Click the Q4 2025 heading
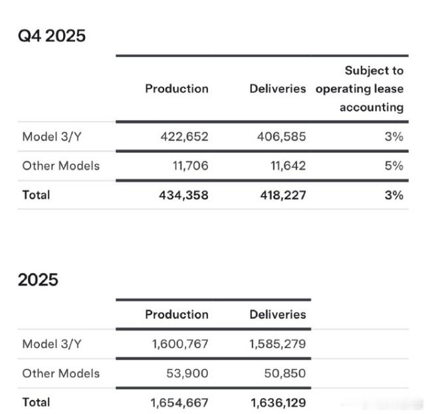click(x=52, y=35)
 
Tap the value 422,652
click(x=184, y=136)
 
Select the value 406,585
click(x=281, y=136)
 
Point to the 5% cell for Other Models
click(x=393, y=165)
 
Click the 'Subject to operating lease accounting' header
click(x=360, y=88)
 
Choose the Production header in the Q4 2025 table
click(x=177, y=88)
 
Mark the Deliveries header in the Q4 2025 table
click(x=278, y=88)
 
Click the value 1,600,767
click(x=179, y=344)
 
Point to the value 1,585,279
click(x=278, y=344)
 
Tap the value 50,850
click(x=285, y=373)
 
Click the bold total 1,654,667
click(x=179, y=402)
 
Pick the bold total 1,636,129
click(x=278, y=402)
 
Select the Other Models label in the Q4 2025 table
click(x=60, y=165)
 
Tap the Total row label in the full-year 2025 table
click(x=36, y=402)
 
